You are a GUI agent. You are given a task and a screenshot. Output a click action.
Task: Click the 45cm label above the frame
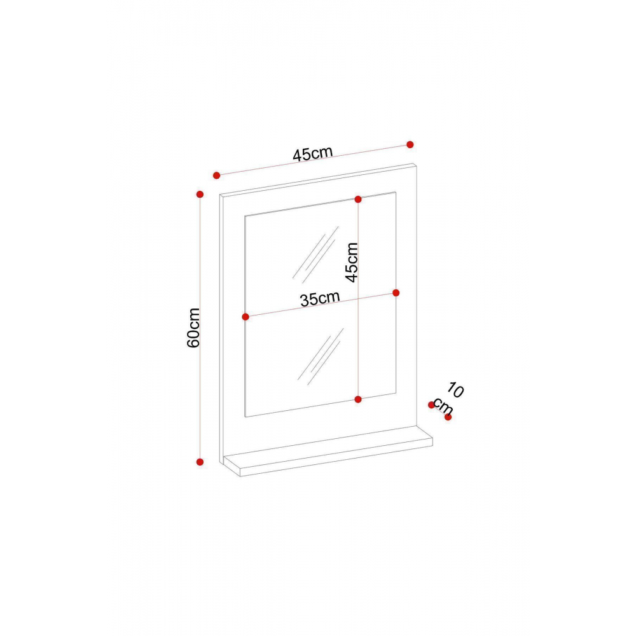tap(312, 153)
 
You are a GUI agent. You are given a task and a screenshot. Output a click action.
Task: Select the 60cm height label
tap(194, 328)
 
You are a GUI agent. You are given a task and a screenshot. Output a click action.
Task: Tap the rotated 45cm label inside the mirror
tap(351, 261)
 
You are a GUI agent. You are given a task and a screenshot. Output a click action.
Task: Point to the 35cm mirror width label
tap(319, 298)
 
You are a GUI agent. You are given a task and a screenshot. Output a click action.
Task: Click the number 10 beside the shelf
tap(456, 389)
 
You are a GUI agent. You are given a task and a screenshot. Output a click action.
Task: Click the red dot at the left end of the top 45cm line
tap(216, 175)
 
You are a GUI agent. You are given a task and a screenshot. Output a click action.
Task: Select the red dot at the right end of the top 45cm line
tap(410, 144)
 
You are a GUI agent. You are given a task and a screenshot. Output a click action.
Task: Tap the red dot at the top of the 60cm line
tap(200, 193)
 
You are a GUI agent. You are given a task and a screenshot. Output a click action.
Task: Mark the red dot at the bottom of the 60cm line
tap(200, 462)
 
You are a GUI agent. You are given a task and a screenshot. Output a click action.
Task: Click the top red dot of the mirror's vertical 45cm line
tap(358, 199)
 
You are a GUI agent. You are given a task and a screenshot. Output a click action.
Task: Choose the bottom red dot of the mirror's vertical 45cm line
tap(358, 399)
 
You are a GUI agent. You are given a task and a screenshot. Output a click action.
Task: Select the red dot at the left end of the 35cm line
tap(245, 316)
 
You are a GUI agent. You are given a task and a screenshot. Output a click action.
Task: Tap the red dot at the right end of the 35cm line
tap(396, 293)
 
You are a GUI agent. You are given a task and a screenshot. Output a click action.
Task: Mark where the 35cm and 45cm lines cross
tap(358, 298)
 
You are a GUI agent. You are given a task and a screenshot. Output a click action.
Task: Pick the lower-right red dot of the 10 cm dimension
tap(448, 417)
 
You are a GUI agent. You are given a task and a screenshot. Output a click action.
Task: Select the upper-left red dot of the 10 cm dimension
tap(431, 404)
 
